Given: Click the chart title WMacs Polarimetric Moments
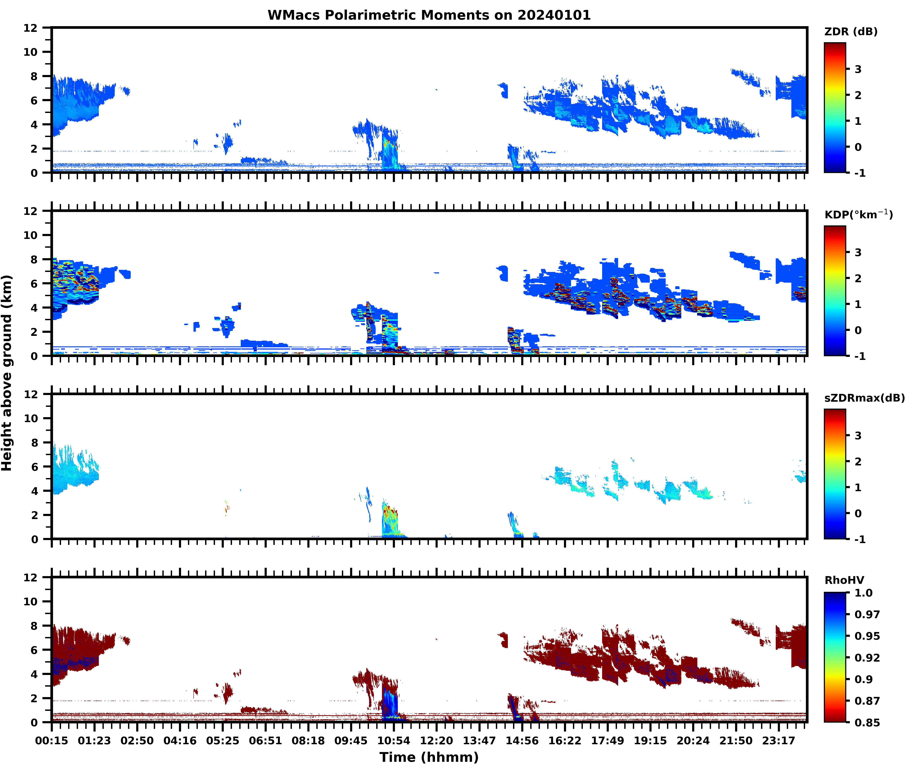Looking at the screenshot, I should coord(429,15).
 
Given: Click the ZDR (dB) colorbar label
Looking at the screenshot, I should coord(851,32).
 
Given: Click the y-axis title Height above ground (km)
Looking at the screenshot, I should coord(7,373).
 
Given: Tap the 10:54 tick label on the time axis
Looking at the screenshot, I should coord(393,741).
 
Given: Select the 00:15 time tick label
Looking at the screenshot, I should coord(52,741).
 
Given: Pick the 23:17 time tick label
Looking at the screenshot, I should coord(779,741).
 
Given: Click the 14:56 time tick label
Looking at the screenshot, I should coord(522,741).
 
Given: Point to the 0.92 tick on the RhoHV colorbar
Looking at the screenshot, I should coord(867,658).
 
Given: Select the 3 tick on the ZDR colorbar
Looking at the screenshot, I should coord(858,69).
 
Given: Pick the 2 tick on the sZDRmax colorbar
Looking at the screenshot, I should coord(858,462).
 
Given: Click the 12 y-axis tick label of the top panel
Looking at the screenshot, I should coord(31,28).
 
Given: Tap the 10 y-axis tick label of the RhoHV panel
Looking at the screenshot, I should coord(31,601).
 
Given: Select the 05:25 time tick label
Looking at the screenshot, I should coord(223,741).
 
